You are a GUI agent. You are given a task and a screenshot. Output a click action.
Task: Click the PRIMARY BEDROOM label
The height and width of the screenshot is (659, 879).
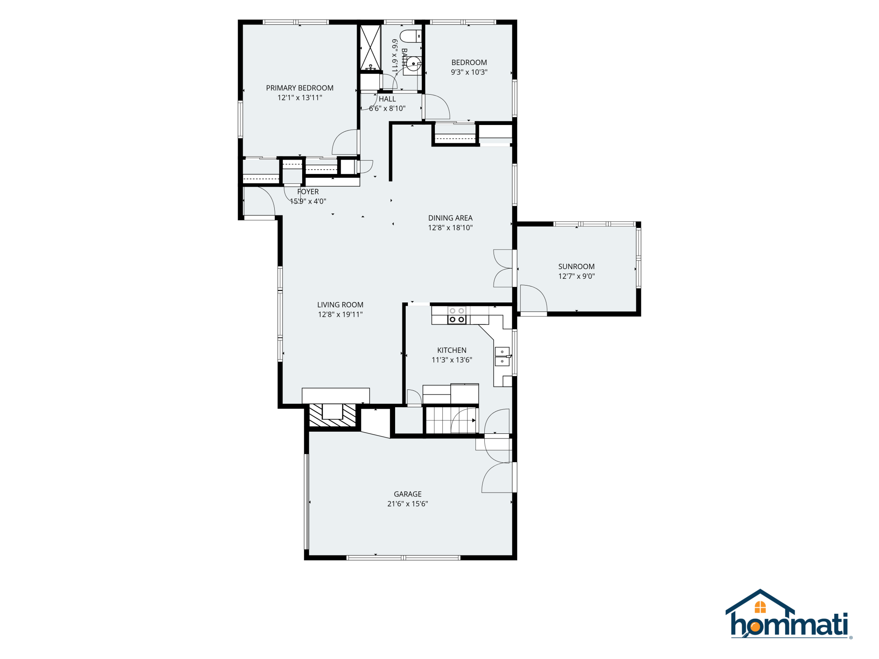(300, 88)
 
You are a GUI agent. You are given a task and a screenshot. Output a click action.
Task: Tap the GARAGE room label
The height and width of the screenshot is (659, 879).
(407, 494)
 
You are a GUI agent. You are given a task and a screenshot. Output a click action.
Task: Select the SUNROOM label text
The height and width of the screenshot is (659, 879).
(576, 267)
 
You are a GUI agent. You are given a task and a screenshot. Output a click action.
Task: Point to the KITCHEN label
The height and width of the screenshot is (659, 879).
(452, 350)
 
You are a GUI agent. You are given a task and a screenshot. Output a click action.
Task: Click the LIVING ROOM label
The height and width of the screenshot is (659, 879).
(340, 305)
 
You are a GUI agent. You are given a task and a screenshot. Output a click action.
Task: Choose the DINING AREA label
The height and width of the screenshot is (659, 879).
(450, 218)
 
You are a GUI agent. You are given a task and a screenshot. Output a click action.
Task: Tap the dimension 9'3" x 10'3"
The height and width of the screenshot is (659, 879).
(469, 72)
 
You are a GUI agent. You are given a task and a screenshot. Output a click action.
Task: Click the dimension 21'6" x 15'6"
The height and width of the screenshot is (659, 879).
(407, 504)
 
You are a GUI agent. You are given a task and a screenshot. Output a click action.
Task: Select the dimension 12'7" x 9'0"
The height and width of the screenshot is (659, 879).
(576, 276)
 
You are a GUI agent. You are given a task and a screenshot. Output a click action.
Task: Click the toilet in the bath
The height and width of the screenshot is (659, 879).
(411, 36)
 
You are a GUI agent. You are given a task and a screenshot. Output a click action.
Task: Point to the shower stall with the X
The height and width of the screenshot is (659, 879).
(370, 48)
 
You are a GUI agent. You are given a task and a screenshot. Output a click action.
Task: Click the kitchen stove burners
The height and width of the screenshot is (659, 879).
(457, 315)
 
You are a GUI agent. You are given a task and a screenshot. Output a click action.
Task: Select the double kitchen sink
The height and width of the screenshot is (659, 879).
(502, 356)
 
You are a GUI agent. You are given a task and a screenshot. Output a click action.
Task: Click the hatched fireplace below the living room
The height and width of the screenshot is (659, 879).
(333, 415)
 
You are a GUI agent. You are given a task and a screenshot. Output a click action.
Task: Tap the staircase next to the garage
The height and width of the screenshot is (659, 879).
(451, 420)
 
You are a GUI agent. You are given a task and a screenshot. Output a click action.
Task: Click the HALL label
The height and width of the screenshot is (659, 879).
(387, 99)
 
